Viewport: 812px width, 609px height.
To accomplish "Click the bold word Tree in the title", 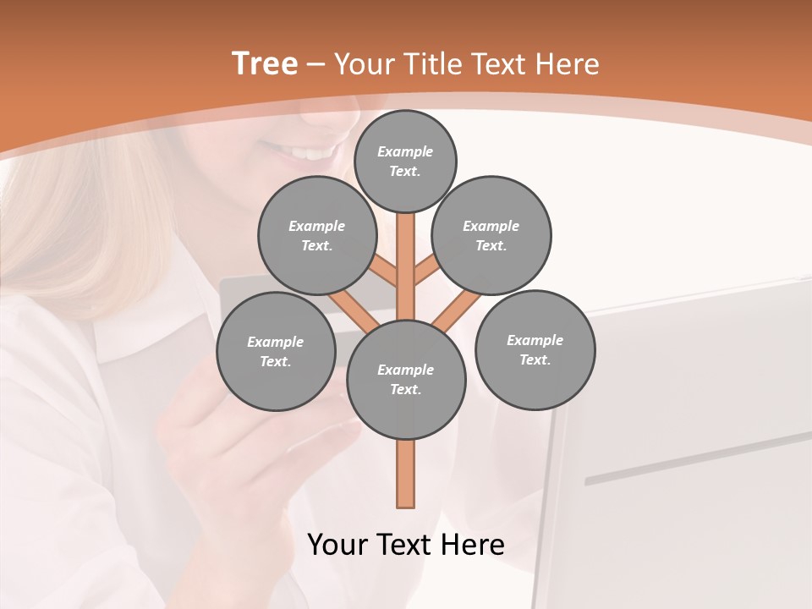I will (x=265, y=63).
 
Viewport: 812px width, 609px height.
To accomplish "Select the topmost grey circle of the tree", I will (x=405, y=161).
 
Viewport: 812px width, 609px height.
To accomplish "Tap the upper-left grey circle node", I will (x=316, y=235).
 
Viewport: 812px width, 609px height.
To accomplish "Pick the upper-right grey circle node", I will (x=491, y=235).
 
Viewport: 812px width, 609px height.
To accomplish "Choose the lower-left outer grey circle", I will (x=275, y=351).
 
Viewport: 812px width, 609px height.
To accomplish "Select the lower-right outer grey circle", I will (x=535, y=349).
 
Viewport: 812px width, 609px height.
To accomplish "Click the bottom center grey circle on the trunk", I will (x=406, y=379).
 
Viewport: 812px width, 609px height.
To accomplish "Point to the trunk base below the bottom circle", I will (x=406, y=478).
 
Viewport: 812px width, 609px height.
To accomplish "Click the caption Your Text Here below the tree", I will (x=406, y=545).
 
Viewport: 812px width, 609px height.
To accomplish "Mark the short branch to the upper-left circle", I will (x=384, y=272).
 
